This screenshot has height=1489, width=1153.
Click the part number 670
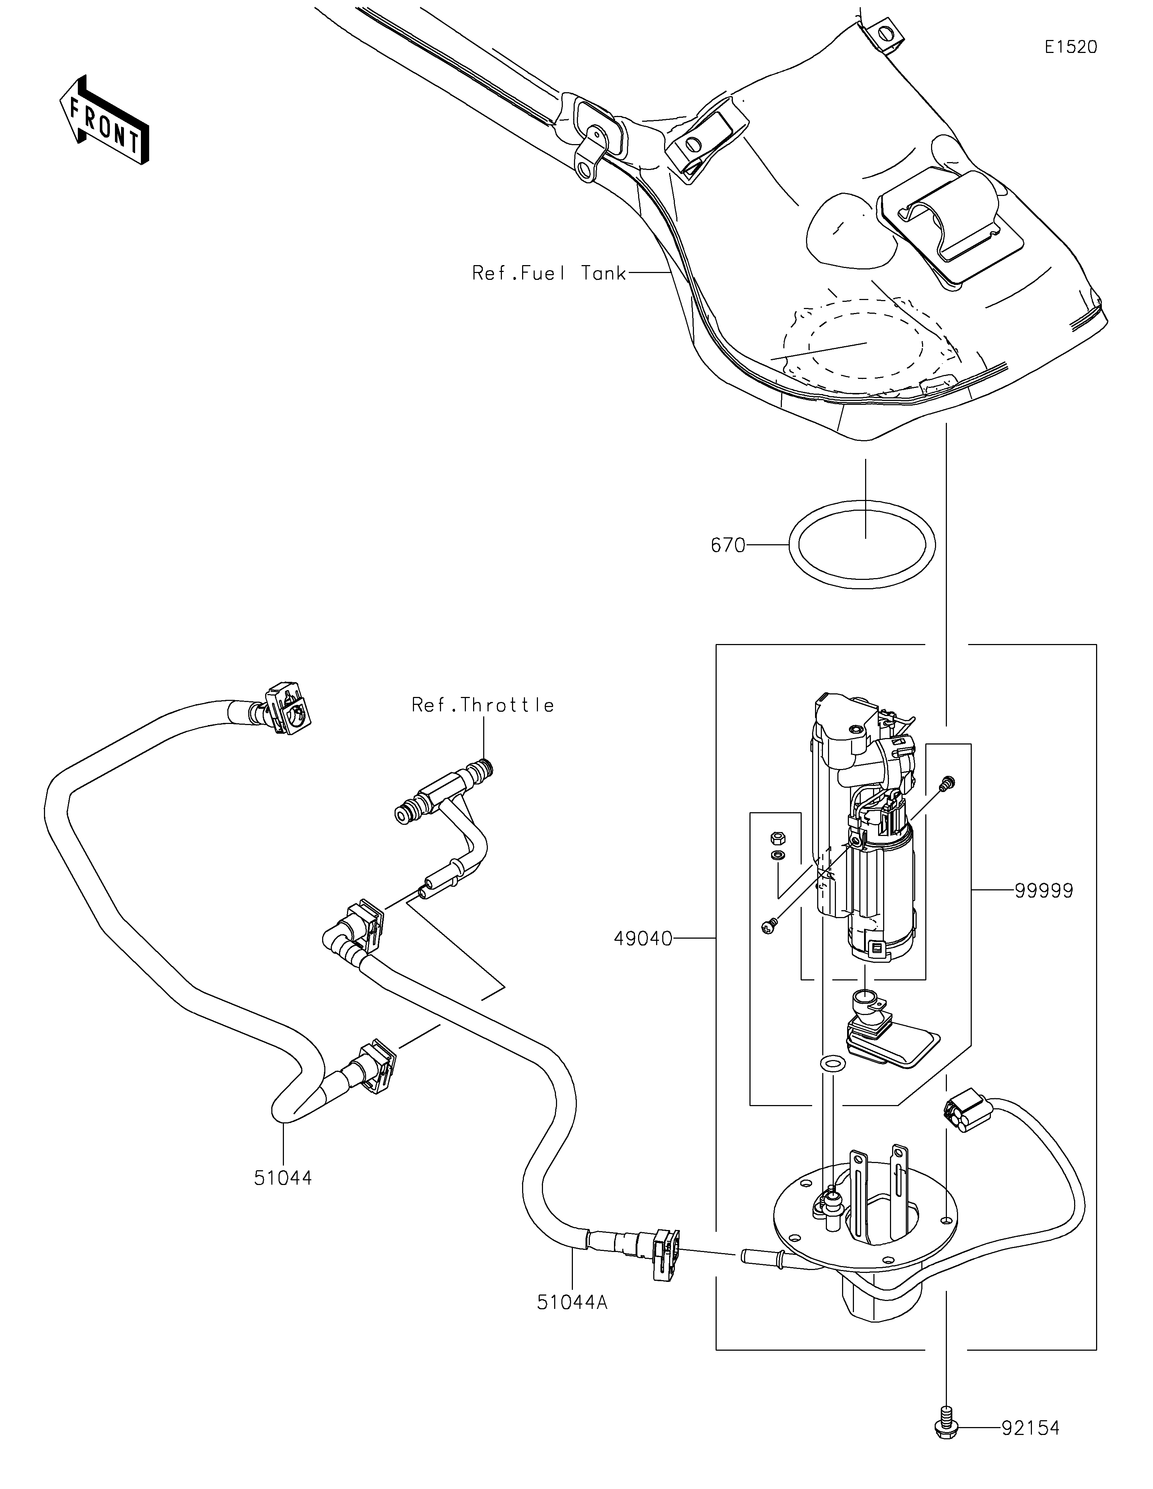728,545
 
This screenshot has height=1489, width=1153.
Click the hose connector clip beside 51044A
665,1255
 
